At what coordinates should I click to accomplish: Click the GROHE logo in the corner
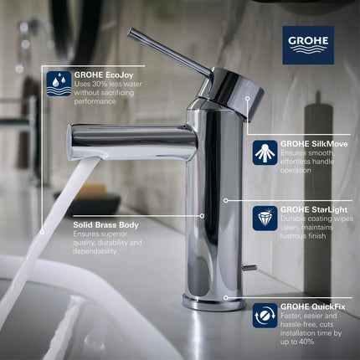[307, 44]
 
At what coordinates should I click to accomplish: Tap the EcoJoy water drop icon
[59, 84]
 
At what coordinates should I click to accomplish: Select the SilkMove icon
[265, 152]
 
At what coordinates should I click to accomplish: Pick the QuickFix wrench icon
[265, 316]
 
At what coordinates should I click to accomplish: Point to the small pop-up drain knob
[249, 267]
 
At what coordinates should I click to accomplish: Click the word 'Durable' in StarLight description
[297, 219]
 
